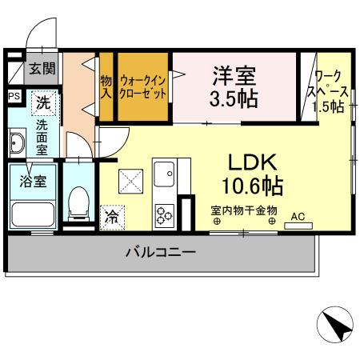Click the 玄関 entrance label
point(42,69)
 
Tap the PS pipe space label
point(14,97)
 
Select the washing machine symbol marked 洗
point(45,102)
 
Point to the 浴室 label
point(33,180)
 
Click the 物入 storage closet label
point(106,86)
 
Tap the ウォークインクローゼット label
point(144,86)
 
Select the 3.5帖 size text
point(234,99)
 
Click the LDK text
point(253,162)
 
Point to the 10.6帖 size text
point(252,187)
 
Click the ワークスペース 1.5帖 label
point(329,91)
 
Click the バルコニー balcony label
point(160,254)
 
